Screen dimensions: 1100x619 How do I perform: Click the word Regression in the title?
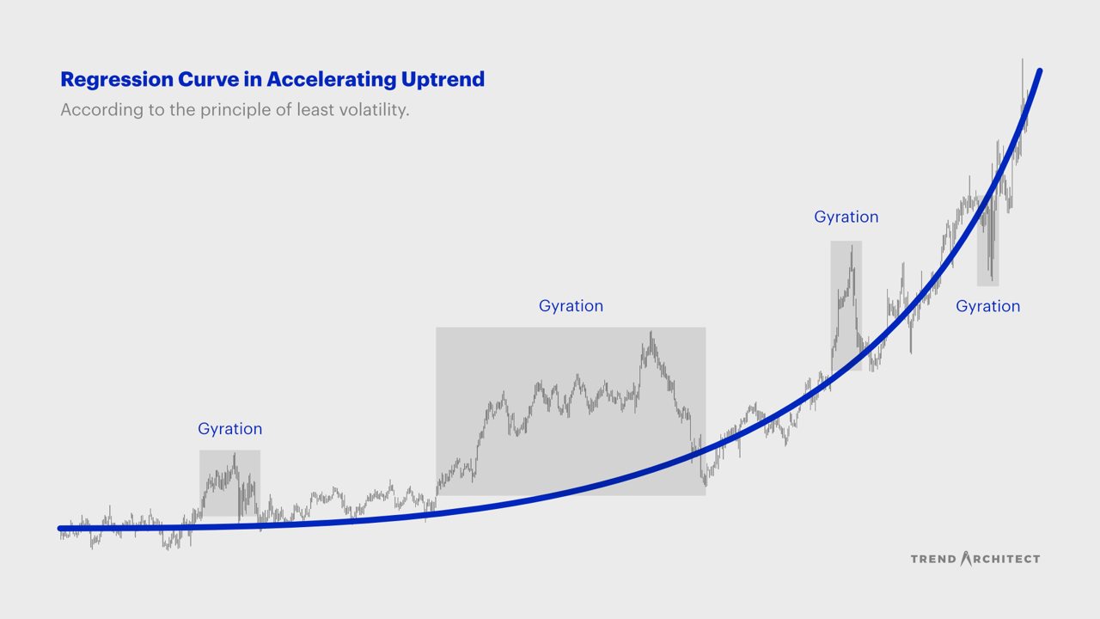[x=117, y=80]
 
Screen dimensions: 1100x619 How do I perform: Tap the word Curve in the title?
[x=207, y=79]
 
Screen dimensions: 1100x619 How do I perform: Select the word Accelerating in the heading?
[x=332, y=80]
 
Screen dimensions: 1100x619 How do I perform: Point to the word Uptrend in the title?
[x=443, y=80]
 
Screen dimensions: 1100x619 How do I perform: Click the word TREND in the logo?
[x=933, y=559]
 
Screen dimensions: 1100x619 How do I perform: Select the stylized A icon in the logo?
[x=966, y=558]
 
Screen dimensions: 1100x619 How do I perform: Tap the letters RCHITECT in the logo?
[x=1006, y=559]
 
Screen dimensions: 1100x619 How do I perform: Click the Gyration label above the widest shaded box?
[x=571, y=307]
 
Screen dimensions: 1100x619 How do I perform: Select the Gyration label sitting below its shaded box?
[x=987, y=307]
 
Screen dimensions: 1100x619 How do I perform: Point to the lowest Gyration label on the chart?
[x=229, y=429]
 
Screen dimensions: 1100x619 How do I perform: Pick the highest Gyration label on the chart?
[x=846, y=218]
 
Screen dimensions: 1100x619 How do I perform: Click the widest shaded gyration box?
[x=571, y=411]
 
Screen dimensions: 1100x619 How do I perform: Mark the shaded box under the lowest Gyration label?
[x=229, y=483]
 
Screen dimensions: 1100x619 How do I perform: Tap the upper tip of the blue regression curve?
[x=1040, y=71]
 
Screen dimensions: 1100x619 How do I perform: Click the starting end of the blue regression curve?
[x=60, y=529]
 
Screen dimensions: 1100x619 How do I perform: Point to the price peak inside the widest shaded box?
[x=651, y=332]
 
